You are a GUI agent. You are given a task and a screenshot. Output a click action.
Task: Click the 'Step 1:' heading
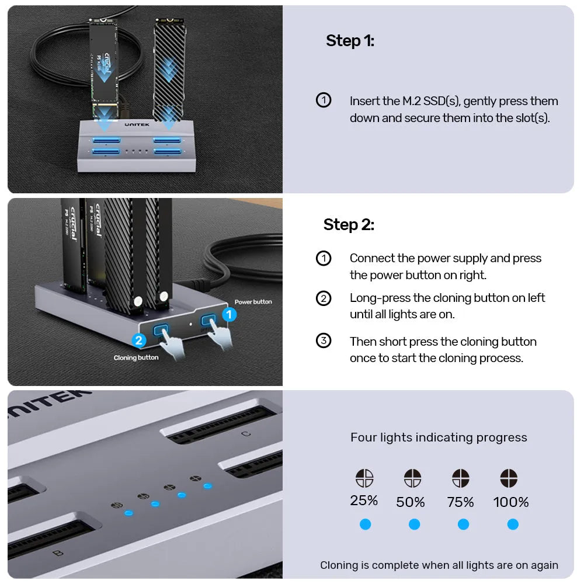coord(350,41)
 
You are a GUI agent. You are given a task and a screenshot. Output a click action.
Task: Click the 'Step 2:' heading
coord(349,225)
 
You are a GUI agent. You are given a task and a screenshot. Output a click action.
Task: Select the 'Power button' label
coord(253,302)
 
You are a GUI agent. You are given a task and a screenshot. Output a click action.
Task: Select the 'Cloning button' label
coord(136,357)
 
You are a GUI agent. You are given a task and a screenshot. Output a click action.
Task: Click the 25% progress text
coord(364,500)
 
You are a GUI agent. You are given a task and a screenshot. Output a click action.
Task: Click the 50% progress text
coord(411,502)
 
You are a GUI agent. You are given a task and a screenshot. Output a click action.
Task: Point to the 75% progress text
coord(461,502)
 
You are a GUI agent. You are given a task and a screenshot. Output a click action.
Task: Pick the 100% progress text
coord(511,502)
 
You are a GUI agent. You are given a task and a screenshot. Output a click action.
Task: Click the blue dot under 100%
coord(513,524)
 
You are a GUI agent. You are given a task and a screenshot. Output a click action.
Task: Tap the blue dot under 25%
coord(365,524)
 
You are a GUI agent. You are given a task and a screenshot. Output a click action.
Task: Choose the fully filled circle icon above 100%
coord(509,478)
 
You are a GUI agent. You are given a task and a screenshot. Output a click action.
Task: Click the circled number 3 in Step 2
coord(324,341)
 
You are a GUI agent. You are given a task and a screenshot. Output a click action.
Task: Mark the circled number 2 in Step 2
coord(324,298)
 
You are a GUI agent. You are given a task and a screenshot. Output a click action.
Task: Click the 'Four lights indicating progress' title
coord(439,437)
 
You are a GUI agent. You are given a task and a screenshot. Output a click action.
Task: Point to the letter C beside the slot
coord(246,433)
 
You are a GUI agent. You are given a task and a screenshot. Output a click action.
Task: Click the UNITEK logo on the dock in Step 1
coord(137,124)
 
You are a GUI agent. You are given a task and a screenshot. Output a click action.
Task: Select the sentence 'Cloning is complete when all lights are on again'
coord(439,565)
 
